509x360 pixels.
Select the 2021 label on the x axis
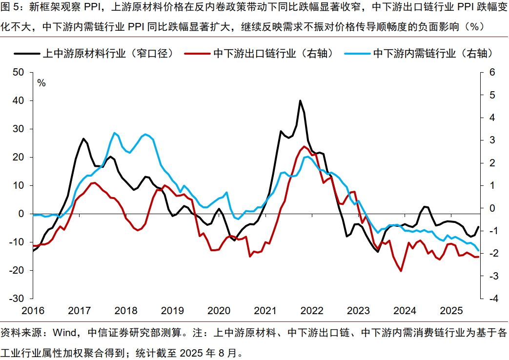coord(265,311)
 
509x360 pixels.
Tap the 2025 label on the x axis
coord(451,311)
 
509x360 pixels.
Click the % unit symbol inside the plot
coord(41,83)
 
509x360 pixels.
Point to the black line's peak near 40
coord(300,100)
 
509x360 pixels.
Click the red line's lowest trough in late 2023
coord(401,271)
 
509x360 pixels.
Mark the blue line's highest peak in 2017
coord(114,133)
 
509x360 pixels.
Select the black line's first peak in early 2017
coord(83,139)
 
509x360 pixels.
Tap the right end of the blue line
coord(479,251)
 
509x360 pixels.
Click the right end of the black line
coord(478,226)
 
